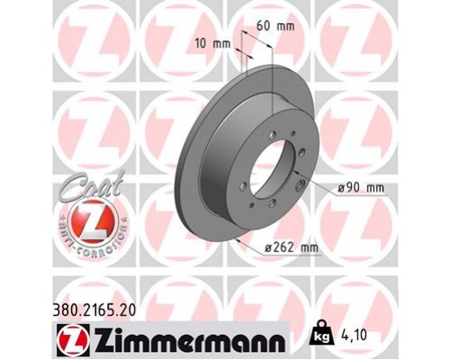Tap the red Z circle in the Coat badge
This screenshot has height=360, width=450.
click(x=82, y=222)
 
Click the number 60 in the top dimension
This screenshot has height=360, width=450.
click(x=265, y=27)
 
